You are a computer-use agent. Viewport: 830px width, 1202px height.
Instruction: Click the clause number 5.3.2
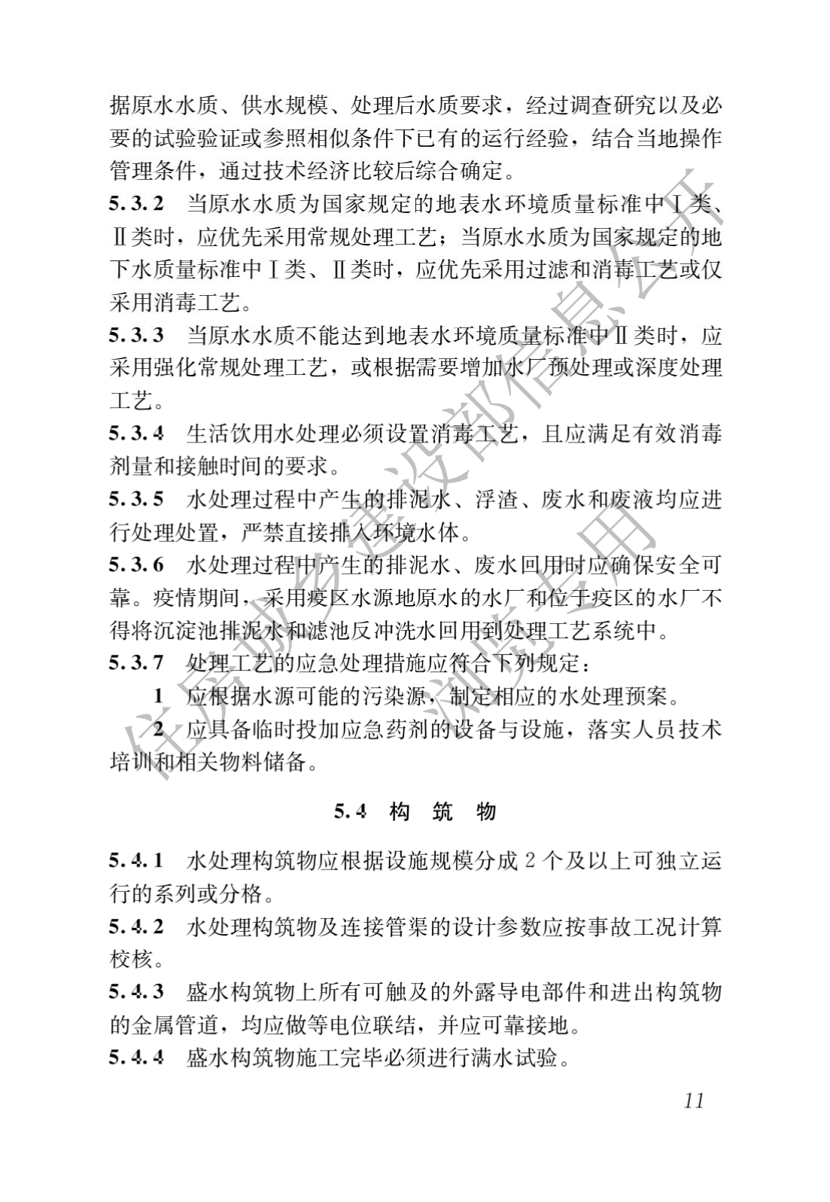[136, 204]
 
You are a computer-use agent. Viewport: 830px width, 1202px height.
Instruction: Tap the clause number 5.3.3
[136, 335]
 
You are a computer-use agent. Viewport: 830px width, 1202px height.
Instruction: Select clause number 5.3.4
[136, 434]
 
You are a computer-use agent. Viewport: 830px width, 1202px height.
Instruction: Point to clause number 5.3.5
[136, 499]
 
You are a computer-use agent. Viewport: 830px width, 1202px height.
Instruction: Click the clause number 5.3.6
[136, 564]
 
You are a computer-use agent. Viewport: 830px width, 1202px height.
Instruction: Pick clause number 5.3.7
[136, 663]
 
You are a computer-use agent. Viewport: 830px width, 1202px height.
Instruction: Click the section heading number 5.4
[350, 811]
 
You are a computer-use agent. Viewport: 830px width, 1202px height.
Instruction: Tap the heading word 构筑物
[443, 811]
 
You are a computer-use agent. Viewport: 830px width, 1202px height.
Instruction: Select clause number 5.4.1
[136, 860]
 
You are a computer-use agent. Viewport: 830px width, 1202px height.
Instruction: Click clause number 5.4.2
[136, 926]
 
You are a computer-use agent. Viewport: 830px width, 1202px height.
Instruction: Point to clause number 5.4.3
[136, 991]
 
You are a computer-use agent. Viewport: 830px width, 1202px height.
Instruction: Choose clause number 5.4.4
[136, 1057]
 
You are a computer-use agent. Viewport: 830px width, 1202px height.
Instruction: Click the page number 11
[694, 1100]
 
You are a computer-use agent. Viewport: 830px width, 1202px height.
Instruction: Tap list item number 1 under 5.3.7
[158, 696]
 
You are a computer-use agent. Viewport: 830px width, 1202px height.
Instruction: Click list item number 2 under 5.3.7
[158, 729]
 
